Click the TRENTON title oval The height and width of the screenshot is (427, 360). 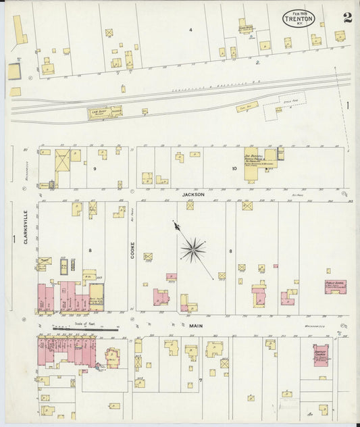298,17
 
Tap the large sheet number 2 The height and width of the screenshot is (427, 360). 346,16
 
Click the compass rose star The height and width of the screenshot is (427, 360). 193,249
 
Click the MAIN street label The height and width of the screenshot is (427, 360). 196,325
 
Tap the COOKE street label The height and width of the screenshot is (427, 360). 132,250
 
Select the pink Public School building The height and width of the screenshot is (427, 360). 335,286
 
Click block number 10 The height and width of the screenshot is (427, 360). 234,168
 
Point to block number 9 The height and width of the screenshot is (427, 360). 95,168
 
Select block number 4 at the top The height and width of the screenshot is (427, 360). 190,30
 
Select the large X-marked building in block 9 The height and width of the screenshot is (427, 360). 62,161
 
